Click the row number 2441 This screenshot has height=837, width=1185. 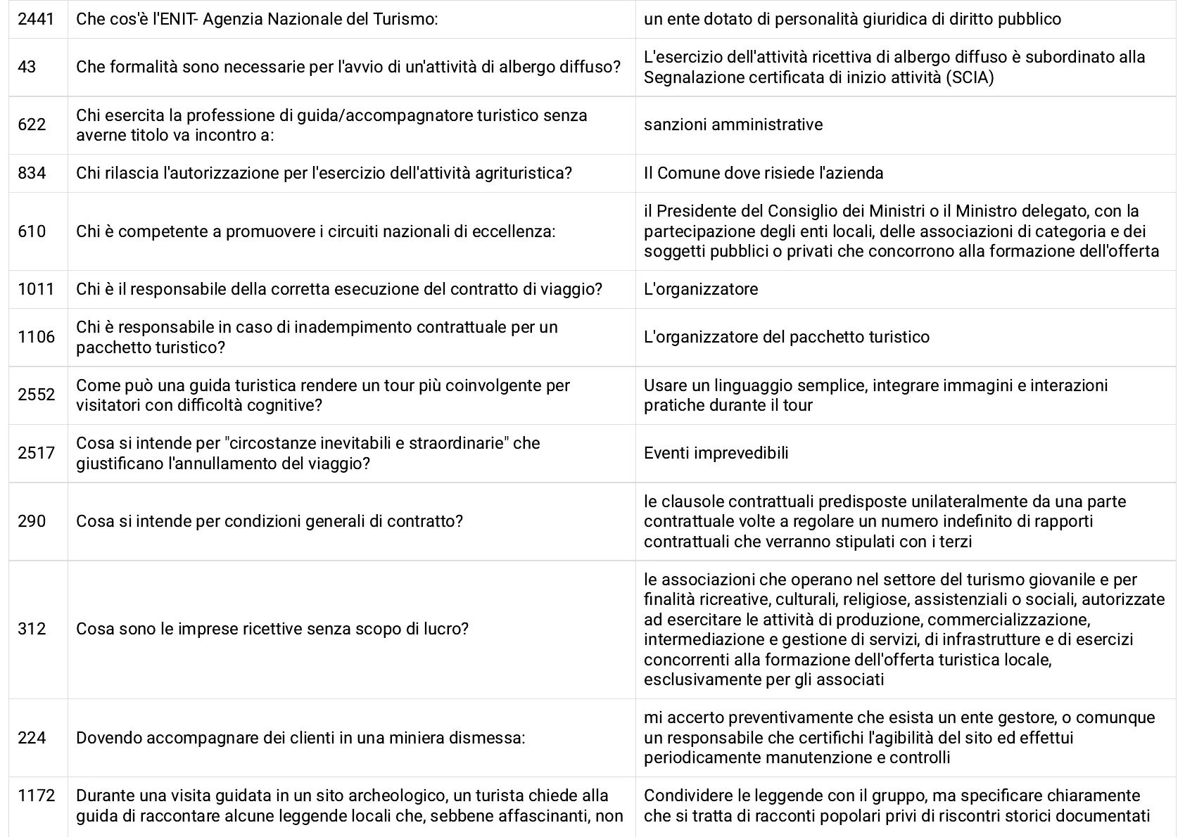[x=35, y=19]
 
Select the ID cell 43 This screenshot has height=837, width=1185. [x=27, y=67]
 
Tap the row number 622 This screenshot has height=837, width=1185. [x=32, y=124]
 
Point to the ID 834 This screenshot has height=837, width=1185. [x=32, y=173]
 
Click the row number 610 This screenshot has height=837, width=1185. [x=32, y=231]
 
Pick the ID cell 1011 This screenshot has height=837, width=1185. [x=36, y=289]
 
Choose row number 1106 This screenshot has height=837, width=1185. [x=36, y=337]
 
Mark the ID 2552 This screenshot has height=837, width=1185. [x=36, y=395]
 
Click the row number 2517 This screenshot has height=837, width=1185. [x=36, y=453]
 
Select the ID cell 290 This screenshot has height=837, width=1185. [x=32, y=521]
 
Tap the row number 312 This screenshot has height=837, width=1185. [x=32, y=629]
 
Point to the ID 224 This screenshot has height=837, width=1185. [x=32, y=738]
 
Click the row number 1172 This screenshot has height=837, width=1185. [x=36, y=796]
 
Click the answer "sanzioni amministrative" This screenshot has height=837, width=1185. [x=733, y=124]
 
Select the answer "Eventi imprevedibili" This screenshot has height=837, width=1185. [x=716, y=453]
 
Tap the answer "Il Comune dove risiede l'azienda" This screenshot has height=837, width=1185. [x=763, y=173]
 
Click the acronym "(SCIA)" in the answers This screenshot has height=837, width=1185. [x=970, y=77]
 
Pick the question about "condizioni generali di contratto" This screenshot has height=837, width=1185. [x=270, y=521]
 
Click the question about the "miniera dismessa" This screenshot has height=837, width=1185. [x=300, y=738]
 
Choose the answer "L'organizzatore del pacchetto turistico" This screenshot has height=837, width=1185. [x=786, y=337]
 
